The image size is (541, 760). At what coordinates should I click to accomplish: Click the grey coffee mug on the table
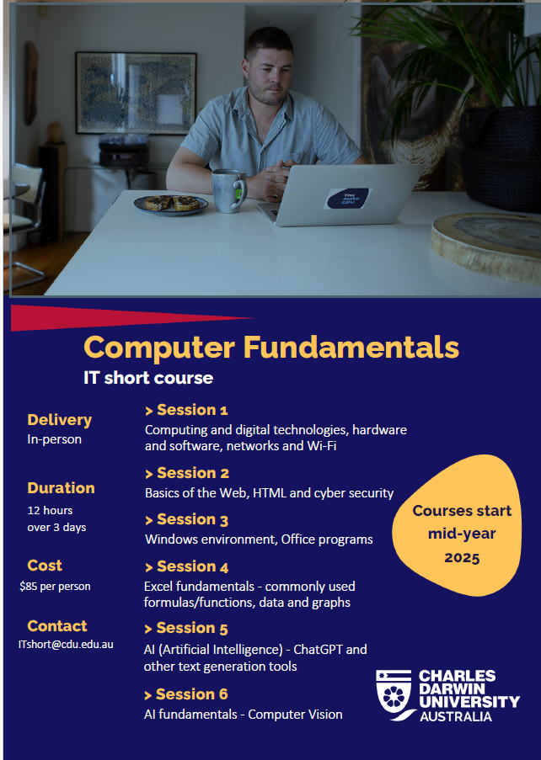pos(228,191)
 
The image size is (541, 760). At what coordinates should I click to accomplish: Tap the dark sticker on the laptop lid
pos(347,199)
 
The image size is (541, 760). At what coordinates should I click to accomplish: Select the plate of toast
pos(171,204)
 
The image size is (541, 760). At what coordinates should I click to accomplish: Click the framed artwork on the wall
pos(137,93)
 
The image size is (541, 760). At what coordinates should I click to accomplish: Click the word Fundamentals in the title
pos(351,347)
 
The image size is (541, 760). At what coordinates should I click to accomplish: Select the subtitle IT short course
pos(148,378)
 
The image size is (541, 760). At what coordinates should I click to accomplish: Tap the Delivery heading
pos(59,420)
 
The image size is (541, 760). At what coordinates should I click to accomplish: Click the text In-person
pos(54,439)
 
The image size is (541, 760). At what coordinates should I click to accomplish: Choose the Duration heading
pos(61,488)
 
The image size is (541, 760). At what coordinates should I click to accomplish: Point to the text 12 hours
pos(50,510)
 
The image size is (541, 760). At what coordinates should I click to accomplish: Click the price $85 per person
pos(55,587)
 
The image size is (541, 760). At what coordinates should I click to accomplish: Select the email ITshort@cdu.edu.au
pos(66,645)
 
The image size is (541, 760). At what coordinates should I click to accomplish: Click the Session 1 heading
pos(186,410)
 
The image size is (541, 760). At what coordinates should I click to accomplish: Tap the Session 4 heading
pos(187,566)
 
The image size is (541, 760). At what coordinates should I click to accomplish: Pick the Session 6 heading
pos(186,694)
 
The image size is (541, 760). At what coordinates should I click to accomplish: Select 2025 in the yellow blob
pos(462,558)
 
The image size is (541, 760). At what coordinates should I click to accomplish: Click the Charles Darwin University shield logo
pos(394,694)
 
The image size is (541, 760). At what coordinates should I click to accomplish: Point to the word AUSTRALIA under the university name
pos(456,717)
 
